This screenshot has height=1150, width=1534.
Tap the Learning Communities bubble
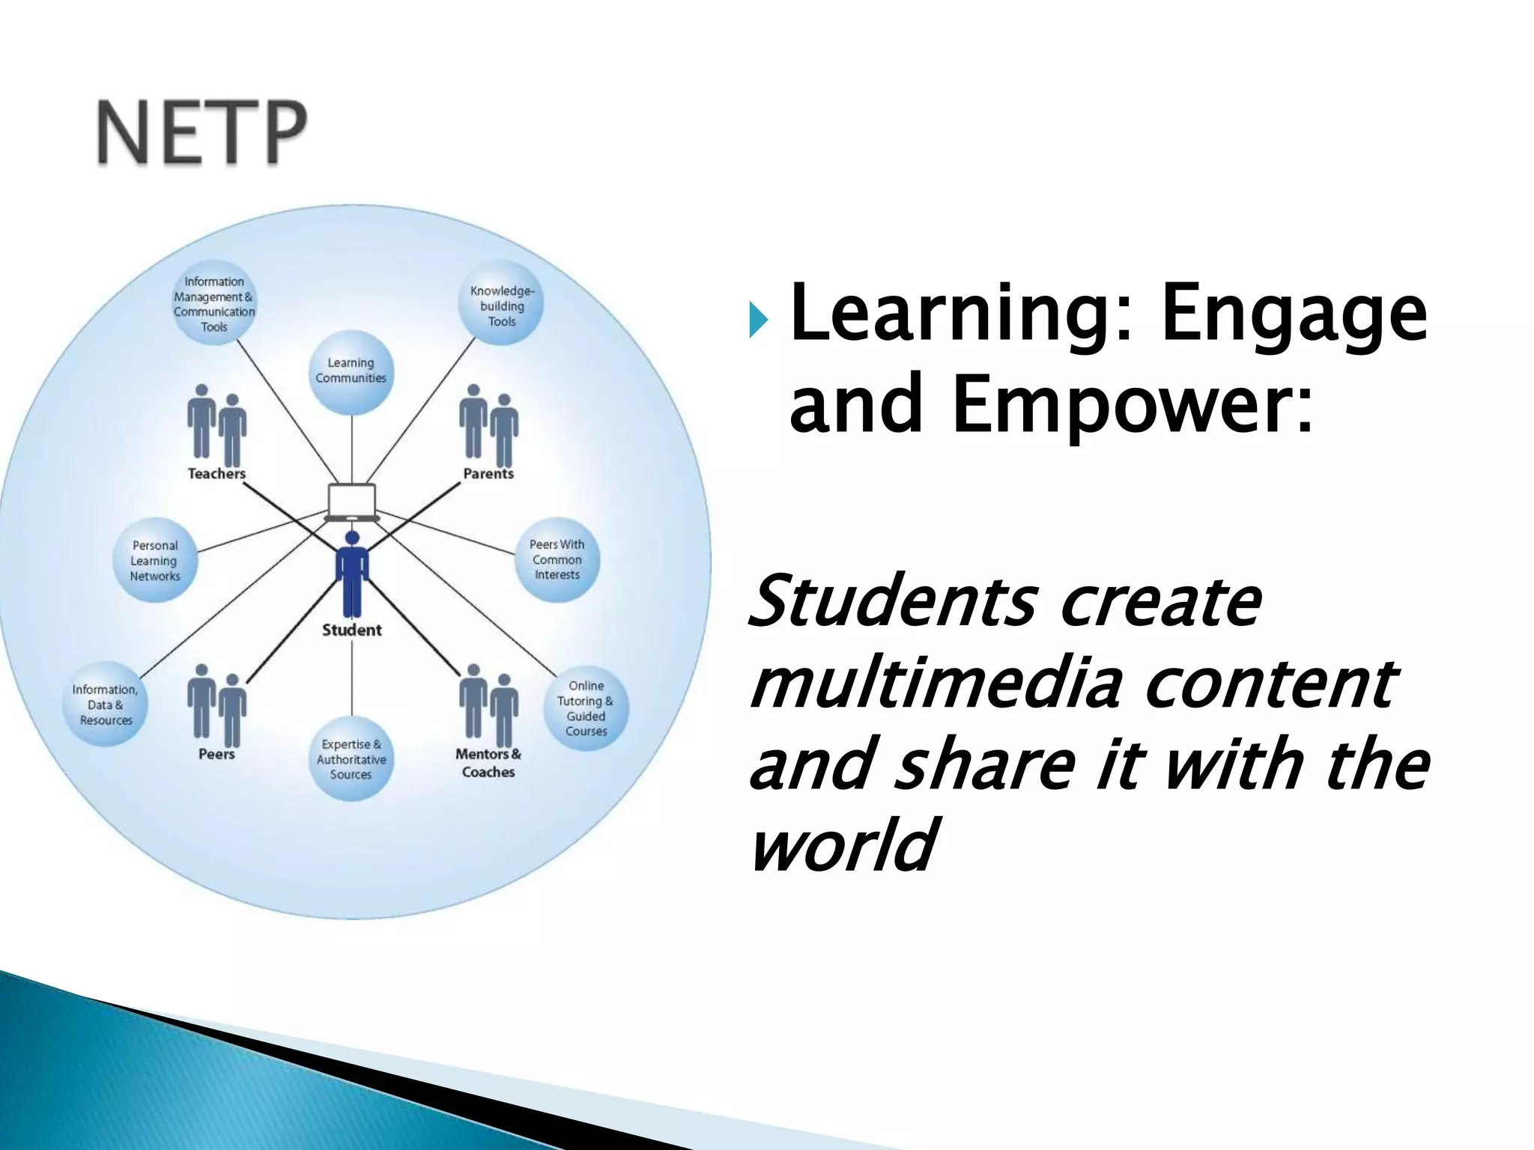click(351, 371)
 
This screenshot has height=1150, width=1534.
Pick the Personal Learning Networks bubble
click(155, 560)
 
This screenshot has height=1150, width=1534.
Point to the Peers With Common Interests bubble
click(557, 559)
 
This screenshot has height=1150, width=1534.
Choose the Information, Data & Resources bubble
click(106, 705)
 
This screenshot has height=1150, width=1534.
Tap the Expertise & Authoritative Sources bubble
click(351, 758)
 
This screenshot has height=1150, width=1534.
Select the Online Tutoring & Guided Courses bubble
click(586, 708)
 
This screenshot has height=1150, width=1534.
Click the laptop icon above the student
click(351, 502)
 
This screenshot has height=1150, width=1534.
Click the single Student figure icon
click(351, 573)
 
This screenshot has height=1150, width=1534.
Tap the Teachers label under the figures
click(216, 473)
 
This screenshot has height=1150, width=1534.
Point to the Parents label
click(488, 473)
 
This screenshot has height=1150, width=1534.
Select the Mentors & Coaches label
click(488, 762)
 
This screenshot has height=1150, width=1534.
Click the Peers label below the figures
click(216, 754)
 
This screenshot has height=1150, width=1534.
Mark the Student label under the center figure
click(351, 630)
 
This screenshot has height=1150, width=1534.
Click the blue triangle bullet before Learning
click(759, 320)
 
